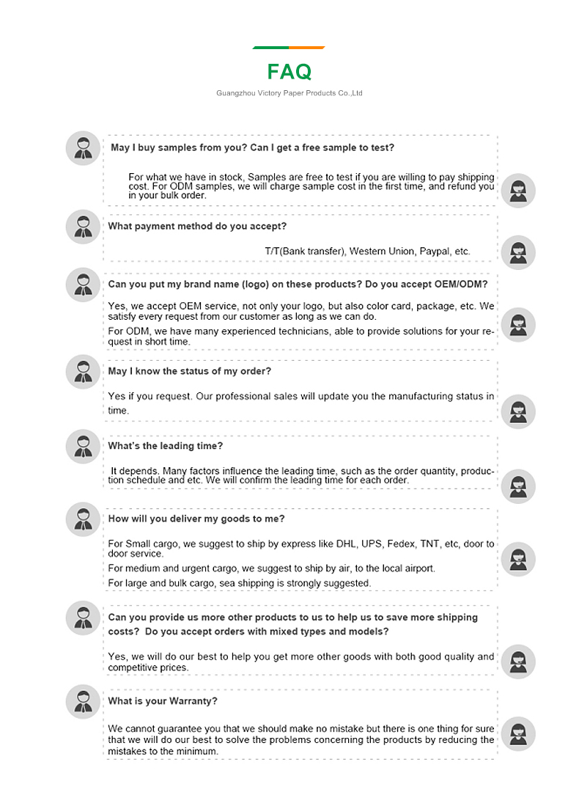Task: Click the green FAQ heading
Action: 289,71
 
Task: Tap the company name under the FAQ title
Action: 289,93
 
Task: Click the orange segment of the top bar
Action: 307,48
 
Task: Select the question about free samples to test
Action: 252,147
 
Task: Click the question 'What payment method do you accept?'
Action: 197,226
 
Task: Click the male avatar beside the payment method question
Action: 83,227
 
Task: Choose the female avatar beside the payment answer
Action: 518,253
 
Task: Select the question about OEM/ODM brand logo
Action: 298,284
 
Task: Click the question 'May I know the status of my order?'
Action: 189,371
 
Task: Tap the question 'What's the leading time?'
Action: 165,446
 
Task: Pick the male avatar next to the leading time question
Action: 83,446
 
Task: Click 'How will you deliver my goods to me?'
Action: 196,519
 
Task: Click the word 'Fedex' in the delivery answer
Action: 400,543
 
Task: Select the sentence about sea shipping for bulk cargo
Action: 239,583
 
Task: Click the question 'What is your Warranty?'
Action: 162,700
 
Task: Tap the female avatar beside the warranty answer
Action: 518,733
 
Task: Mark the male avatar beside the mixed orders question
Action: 83,618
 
